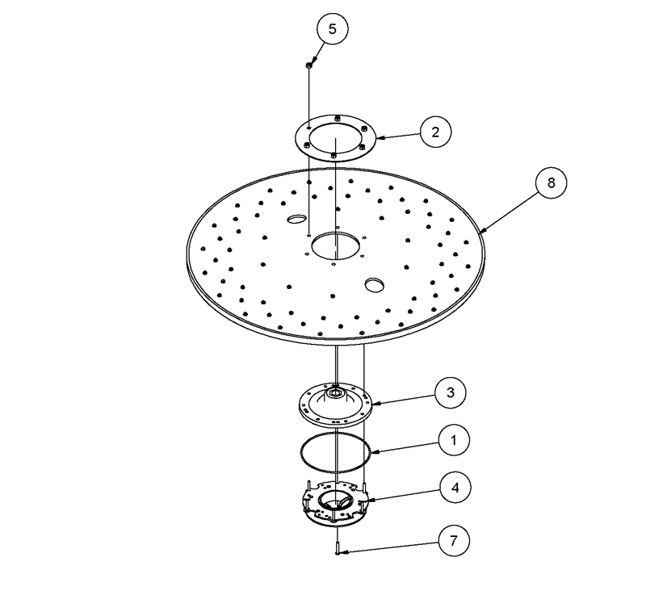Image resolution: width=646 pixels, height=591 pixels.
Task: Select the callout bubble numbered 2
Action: click(x=435, y=132)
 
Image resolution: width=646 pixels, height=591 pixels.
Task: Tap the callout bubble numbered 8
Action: click(x=551, y=182)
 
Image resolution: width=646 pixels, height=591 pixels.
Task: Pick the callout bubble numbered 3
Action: click(x=450, y=392)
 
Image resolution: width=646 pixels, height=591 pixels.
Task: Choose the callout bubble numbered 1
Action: click(x=453, y=440)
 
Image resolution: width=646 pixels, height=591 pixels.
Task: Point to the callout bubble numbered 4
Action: click(x=455, y=488)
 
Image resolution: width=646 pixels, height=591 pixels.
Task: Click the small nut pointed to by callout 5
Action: click(x=308, y=64)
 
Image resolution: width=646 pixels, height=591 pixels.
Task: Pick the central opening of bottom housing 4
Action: click(x=335, y=504)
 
